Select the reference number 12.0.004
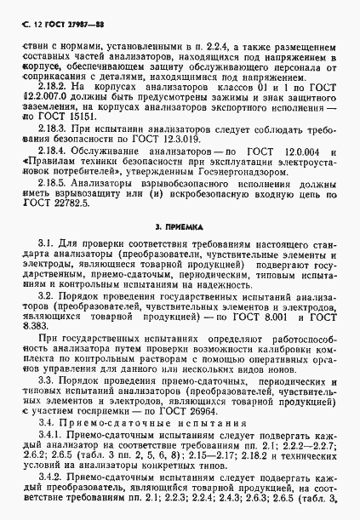pos(310,149)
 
